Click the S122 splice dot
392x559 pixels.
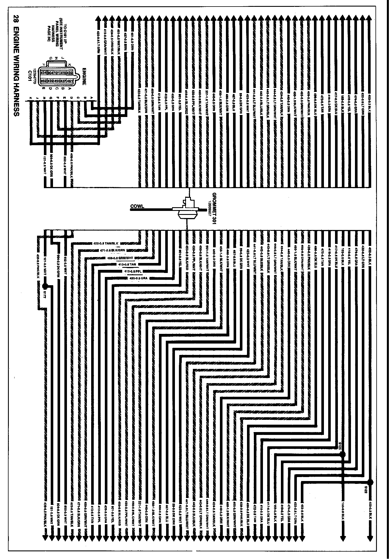click(x=370, y=474)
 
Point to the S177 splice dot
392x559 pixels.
click(x=45, y=286)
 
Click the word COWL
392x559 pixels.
click(x=137, y=206)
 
